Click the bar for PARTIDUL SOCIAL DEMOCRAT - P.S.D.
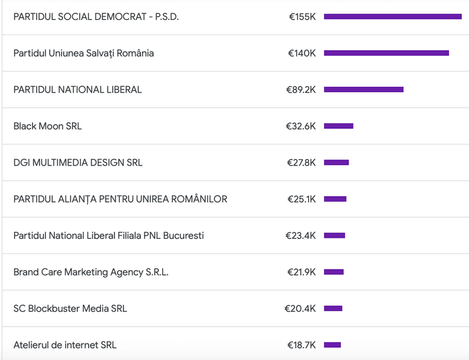coord(392,17)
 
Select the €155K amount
coord(302,17)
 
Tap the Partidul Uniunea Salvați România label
coord(83,53)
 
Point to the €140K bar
coord(386,53)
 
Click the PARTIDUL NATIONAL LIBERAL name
coord(77,89)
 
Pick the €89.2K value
coord(301,89)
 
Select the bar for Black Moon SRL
coord(339,126)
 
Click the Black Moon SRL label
coord(47,126)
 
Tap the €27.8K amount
coord(301,163)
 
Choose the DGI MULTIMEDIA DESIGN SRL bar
coord(336,163)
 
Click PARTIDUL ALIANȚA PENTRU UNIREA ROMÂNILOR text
coord(120,199)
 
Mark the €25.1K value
coord(301,199)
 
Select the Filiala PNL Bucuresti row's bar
coord(335,236)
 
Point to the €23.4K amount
coord(301,236)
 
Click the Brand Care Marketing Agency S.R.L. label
coord(90,272)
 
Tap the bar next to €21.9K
coord(334,272)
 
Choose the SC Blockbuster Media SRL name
coord(70,308)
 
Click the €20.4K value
coord(300,308)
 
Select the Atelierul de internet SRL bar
coord(332,345)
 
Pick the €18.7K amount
coord(301,345)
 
